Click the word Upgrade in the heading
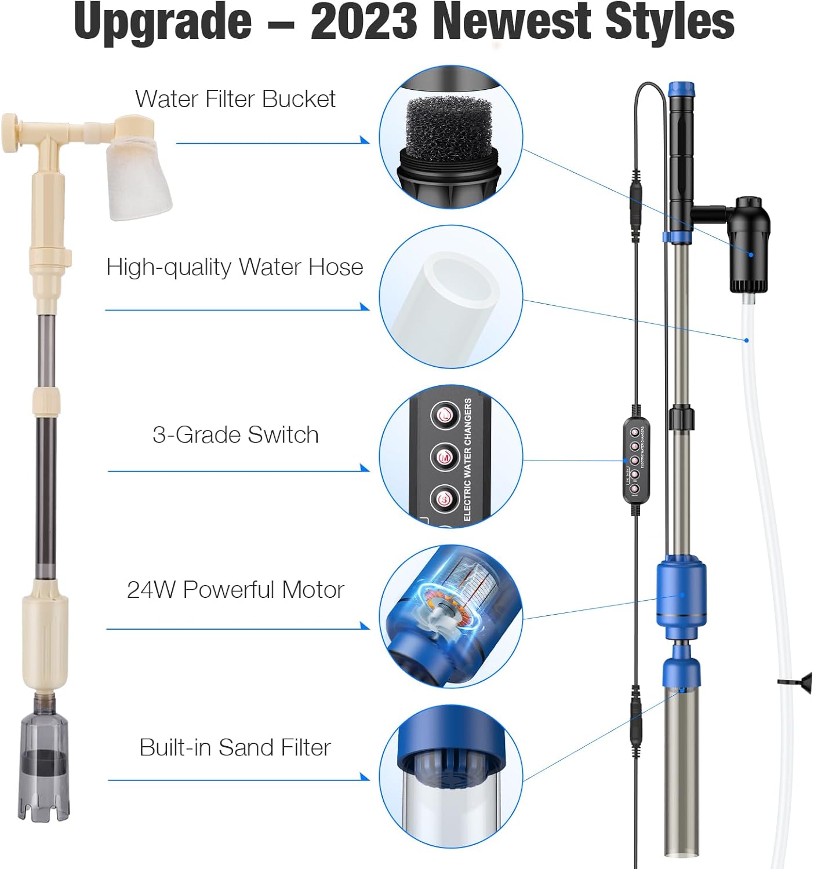point(163,22)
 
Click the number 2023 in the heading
point(364,22)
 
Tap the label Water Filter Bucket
point(235,99)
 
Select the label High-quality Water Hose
point(234,267)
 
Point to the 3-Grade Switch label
point(235,435)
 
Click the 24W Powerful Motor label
point(235,590)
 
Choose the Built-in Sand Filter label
point(235,748)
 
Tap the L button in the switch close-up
point(445,415)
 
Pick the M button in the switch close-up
point(445,457)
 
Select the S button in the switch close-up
point(445,499)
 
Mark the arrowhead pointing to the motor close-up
point(365,626)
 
